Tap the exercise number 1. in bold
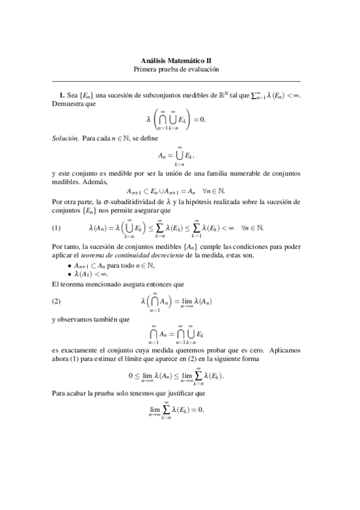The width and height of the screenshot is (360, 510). point(61,95)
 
